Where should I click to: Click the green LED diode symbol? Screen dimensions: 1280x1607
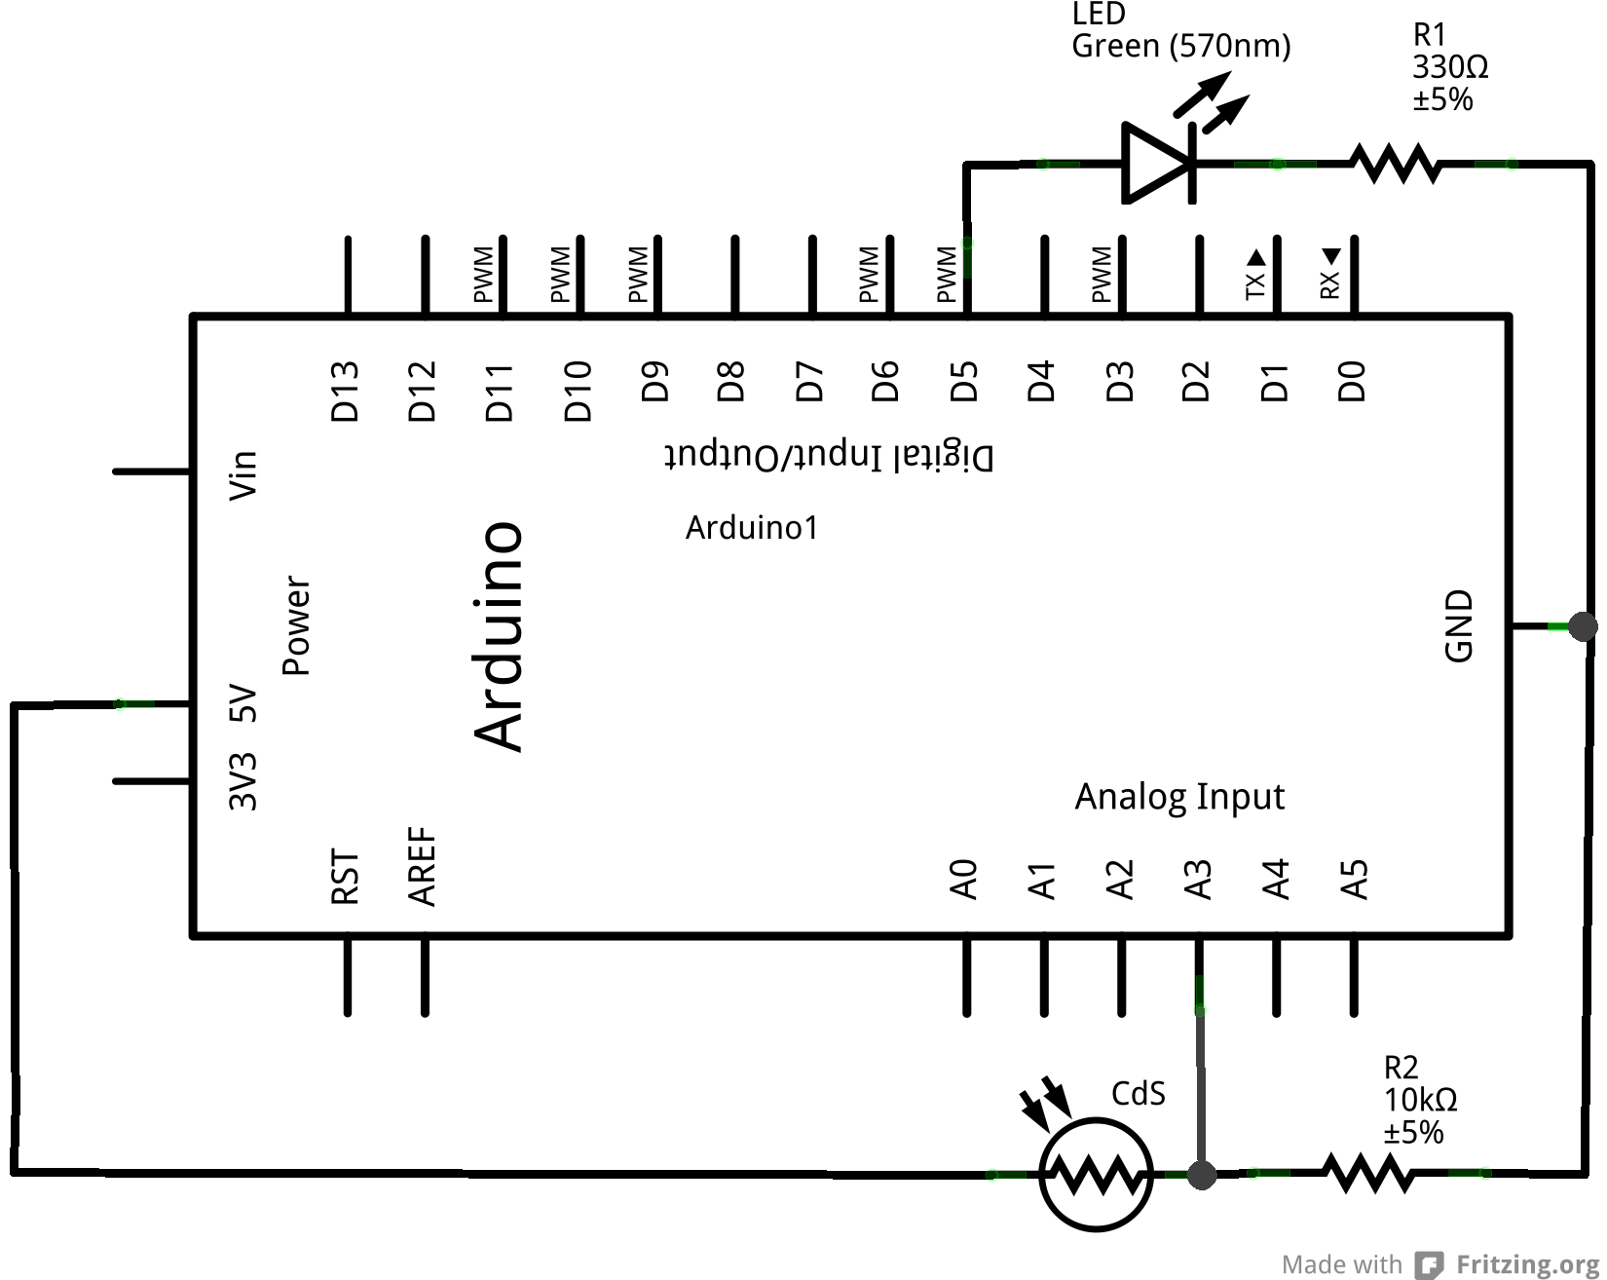(x=1158, y=163)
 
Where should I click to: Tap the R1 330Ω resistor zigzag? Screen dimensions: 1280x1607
(x=1395, y=164)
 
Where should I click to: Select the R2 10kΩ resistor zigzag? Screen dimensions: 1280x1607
(x=1368, y=1173)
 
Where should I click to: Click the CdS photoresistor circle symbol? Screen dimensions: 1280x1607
(x=1097, y=1175)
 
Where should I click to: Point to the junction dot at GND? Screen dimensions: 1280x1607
(x=1583, y=626)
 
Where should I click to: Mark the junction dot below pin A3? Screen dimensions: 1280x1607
(x=1202, y=1175)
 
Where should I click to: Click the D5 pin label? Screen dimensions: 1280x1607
(x=963, y=381)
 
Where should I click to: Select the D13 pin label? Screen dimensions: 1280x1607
(x=346, y=391)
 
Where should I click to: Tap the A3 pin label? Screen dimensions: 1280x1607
(x=1198, y=880)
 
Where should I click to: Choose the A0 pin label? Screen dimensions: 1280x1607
(x=963, y=879)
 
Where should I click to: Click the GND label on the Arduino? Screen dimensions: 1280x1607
(x=1458, y=625)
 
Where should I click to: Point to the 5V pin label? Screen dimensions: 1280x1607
(x=243, y=703)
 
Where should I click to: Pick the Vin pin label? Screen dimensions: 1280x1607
(x=243, y=475)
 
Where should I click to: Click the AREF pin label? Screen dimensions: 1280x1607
(x=422, y=867)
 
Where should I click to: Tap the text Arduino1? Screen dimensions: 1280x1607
(x=752, y=528)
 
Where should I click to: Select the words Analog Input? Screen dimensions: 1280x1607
(x=1179, y=797)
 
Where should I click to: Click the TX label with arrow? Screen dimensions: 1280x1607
(x=1255, y=274)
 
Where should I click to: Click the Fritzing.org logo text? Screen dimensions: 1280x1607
(x=1526, y=1264)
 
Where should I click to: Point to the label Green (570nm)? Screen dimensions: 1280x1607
(x=1180, y=46)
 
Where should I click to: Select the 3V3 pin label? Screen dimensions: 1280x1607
(x=243, y=781)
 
